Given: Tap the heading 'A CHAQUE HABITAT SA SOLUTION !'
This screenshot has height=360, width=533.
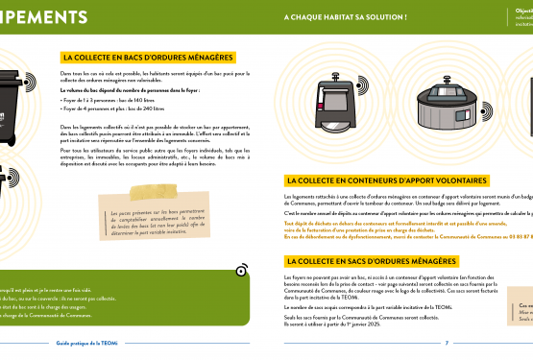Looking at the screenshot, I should [345, 17].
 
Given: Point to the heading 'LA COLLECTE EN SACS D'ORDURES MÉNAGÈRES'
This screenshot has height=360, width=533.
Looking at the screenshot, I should [370, 261].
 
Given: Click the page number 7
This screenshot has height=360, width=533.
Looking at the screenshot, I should [447, 342].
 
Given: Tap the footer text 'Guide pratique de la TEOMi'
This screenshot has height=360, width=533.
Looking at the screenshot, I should [85, 342].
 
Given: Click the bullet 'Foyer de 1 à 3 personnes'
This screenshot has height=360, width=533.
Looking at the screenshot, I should [100, 100].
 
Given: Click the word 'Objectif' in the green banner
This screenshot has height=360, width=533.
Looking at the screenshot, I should [523, 11].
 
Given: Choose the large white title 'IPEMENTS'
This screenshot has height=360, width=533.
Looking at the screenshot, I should [48, 18].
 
